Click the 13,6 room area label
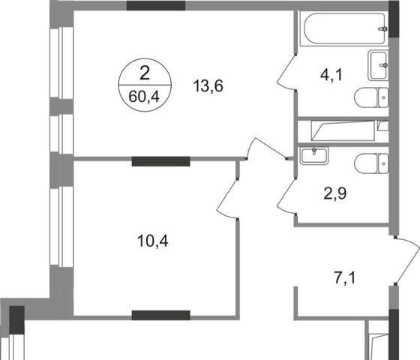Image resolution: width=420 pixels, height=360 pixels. pos(208,86)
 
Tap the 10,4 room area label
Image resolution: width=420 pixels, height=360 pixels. pos(153,241)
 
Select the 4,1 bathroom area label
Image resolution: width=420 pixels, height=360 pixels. pos(331,75)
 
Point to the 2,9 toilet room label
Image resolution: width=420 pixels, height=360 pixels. pos(335,193)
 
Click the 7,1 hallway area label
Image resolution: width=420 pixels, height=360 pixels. pos(345,277)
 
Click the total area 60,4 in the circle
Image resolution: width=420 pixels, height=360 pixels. pos(144,97)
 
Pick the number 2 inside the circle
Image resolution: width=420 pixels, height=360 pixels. pos(145,73)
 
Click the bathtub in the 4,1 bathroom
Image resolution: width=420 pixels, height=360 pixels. pos(343,29)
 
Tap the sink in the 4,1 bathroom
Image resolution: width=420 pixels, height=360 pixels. pos(378,65)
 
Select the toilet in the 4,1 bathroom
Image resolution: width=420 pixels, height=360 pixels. pos(371,97)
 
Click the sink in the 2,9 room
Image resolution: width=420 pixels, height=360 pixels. pos(314,156)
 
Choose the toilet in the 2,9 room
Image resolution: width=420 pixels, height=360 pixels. pos(371,164)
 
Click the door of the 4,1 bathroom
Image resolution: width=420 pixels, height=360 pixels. pos(286,72)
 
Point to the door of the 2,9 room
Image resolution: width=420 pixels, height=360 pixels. pos(286,196)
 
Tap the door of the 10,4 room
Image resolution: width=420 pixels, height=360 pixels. pos(227,199)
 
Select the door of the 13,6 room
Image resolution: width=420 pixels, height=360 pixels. pos(267,149)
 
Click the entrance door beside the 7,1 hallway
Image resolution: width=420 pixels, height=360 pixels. pos(407,260)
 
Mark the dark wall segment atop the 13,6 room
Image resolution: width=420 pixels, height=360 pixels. pos(156,6)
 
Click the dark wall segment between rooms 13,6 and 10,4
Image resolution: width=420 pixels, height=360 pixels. pos(161,161)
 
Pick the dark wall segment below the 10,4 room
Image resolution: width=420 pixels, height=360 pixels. pos(161,315)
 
